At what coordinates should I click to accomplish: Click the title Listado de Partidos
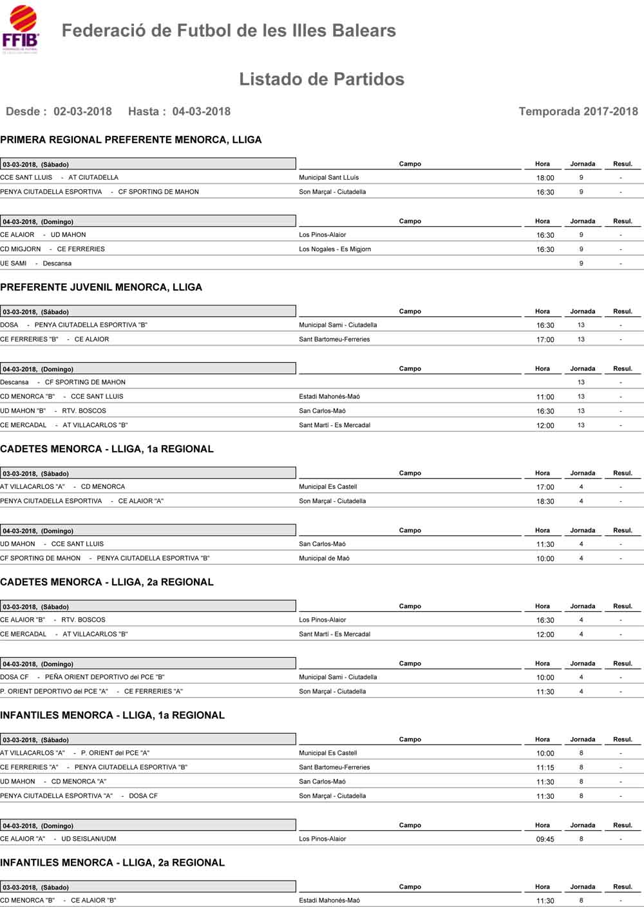click(x=321, y=79)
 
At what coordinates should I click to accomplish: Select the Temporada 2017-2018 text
click(x=578, y=111)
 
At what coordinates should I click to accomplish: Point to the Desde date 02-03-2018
click(x=82, y=111)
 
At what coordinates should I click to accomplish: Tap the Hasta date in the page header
click(x=201, y=111)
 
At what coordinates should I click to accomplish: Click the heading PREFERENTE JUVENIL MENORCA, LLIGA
click(x=101, y=287)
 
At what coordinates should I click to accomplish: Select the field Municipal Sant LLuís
click(x=329, y=178)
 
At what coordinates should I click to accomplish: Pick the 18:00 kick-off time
click(x=545, y=178)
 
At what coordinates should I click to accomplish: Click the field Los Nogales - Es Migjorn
click(x=335, y=249)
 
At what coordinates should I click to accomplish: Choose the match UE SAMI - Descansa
click(x=36, y=263)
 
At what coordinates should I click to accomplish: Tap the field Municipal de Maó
click(x=324, y=559)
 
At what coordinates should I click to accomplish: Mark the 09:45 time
click(x=545, y=839)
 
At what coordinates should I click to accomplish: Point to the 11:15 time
click(x=545, y=768)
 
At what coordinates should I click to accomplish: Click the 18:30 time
click(x=545, y=502)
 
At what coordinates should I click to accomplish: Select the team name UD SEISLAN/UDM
click(x=89, y=839)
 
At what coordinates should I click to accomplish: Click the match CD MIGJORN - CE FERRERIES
click(x=53, y=249)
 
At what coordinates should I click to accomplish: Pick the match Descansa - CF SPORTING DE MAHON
click(x=63, y=383)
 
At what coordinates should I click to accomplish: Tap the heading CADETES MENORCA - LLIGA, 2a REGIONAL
click(x=107, y=582)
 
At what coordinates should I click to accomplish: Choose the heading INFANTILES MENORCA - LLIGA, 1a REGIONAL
click(x=113, y=716)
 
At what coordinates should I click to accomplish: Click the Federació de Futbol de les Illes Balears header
click(x=229, y=31)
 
